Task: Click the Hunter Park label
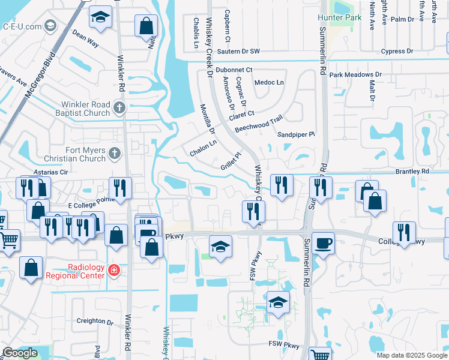(340, 17)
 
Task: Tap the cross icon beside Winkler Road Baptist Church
(119, 108)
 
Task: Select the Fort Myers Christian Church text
(74, 154)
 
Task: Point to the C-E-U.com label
(22, 26)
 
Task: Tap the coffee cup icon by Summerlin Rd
(323, 243)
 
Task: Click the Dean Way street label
(85, 39)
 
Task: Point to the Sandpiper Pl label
(296, 135)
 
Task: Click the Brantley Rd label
(412, 172)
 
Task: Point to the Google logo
(20, 353)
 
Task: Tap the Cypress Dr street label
(396, 52)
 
